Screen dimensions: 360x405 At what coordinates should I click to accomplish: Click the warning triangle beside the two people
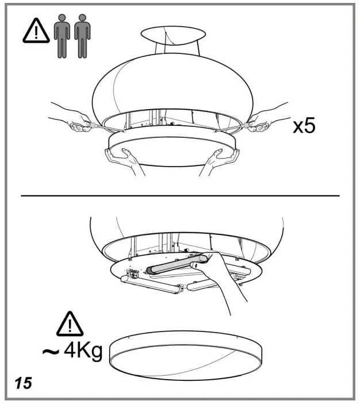[36, 31]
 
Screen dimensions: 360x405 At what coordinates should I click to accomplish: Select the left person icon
[62, 36]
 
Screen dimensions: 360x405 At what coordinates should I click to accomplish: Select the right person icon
[82, 36]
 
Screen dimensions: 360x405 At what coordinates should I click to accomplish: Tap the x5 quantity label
[304, 126]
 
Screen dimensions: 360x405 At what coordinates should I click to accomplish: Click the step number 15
[24, 383]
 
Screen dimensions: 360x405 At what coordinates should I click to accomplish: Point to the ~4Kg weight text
[72, 351]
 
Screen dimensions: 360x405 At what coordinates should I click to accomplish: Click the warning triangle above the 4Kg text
[70, 323]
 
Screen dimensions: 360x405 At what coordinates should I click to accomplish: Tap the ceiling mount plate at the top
[173, 35]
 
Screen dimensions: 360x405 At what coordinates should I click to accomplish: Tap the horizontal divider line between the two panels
[180, 196]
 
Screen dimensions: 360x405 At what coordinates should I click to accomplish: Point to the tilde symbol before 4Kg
[51, 352]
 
